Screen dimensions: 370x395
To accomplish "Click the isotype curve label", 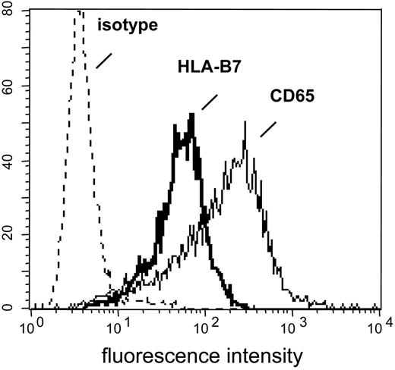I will pyautogui.click(x=127, y=27).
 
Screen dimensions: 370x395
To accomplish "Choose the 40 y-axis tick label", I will pyautogui.click(x=14, y=161).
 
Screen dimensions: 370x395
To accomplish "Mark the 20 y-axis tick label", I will pyautogui.click(x=14, y=235).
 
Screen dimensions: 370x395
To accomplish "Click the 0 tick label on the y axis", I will pyautogui.click(x=17, y=308).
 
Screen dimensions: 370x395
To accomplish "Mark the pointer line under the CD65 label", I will pyautogui.click(x=267, y=130).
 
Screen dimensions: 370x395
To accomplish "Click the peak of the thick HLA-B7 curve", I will pyautogui.click(x=193, y=114).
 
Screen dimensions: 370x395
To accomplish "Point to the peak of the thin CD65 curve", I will pyautogui.click(x=245, y=121).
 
